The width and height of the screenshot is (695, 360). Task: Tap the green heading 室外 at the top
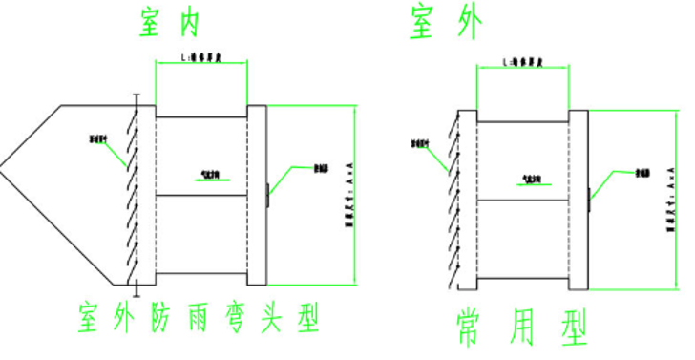444,22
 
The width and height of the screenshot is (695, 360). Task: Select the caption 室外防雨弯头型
200,317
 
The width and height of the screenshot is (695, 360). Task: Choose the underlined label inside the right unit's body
524,179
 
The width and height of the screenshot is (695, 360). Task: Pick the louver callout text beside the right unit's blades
420,145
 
